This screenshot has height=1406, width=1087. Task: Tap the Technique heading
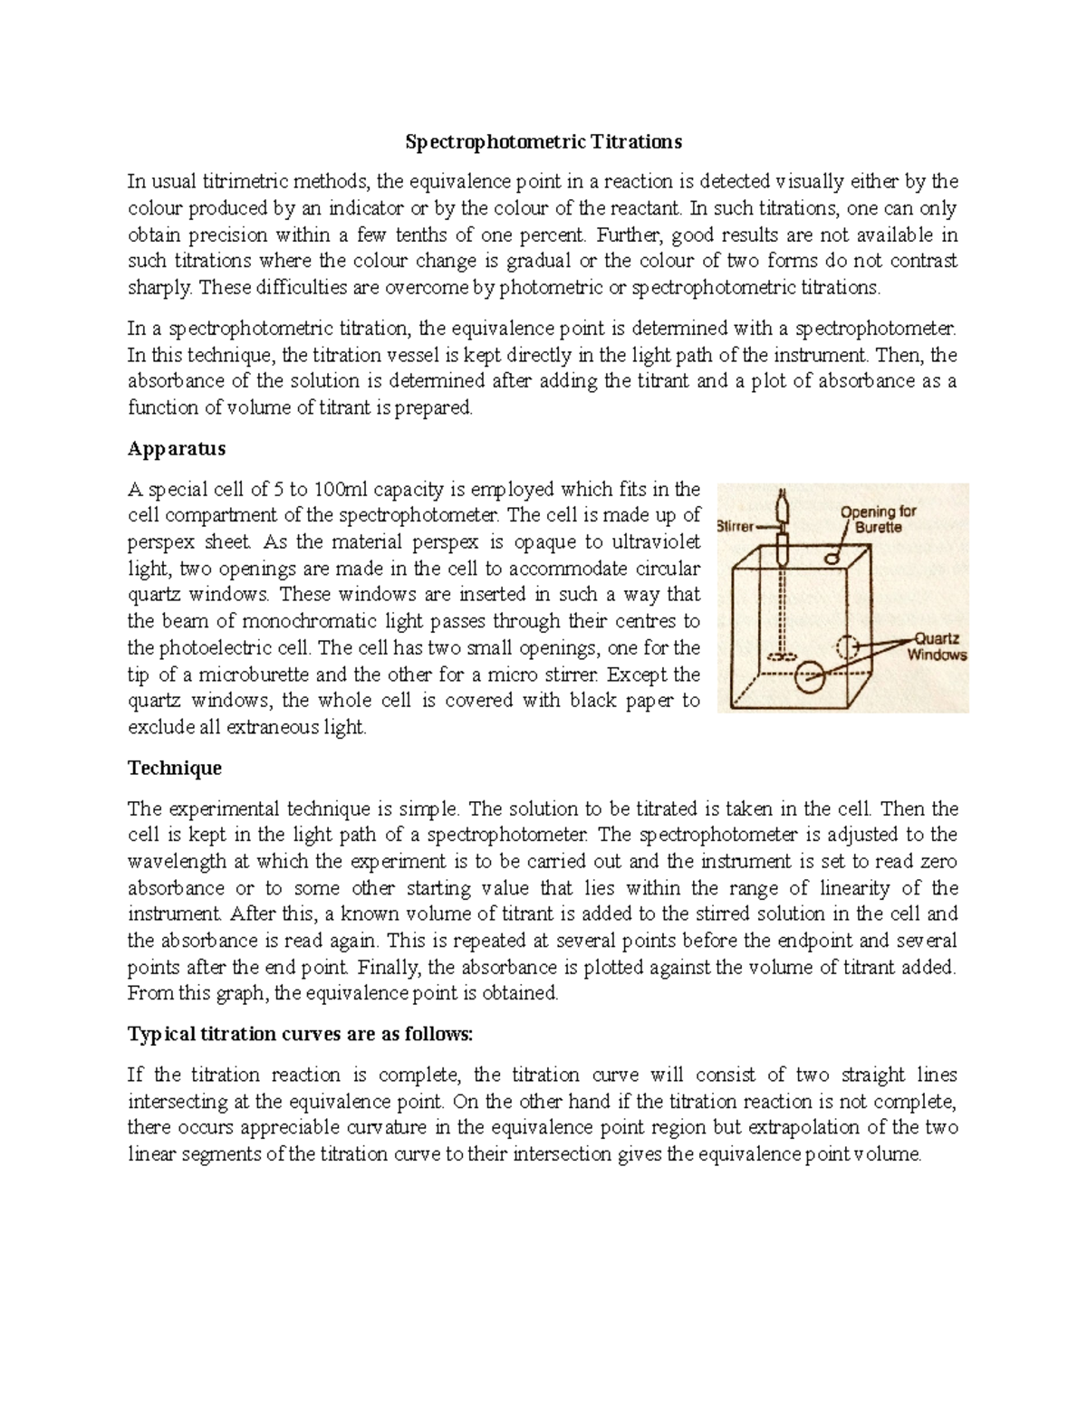coord(174,768)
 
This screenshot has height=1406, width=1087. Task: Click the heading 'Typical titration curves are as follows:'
coord(300,1035)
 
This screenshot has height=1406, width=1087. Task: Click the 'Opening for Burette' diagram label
coord(878,519)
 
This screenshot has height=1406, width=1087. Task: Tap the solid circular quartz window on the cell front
coord(813,676)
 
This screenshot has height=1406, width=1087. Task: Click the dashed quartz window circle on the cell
coord(848,646)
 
